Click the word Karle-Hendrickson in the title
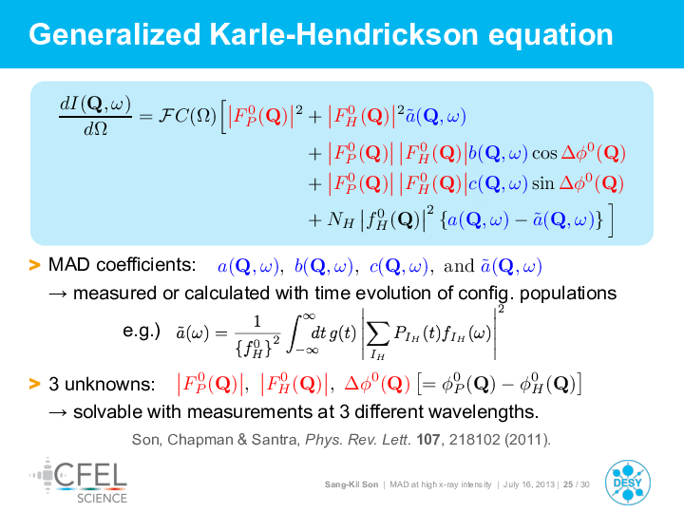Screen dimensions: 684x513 (344, 35)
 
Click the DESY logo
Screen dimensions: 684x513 (628, 483)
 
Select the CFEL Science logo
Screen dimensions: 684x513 (79, 481)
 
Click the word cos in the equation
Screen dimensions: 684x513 (545, 154)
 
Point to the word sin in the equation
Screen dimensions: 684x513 (542, 183)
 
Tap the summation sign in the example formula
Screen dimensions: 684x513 (378, 335)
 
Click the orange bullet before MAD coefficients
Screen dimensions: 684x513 (34, 265)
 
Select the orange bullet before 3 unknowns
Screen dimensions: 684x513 (34, 384)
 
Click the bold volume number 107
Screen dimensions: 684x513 (427, 439)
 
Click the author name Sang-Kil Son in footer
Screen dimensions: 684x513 (351, 484)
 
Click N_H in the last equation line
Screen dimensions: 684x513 (341, 219)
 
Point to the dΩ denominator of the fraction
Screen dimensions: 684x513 (96, 129)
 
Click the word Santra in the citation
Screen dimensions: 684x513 (275, 439)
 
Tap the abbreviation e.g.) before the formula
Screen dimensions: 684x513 (142, 332)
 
